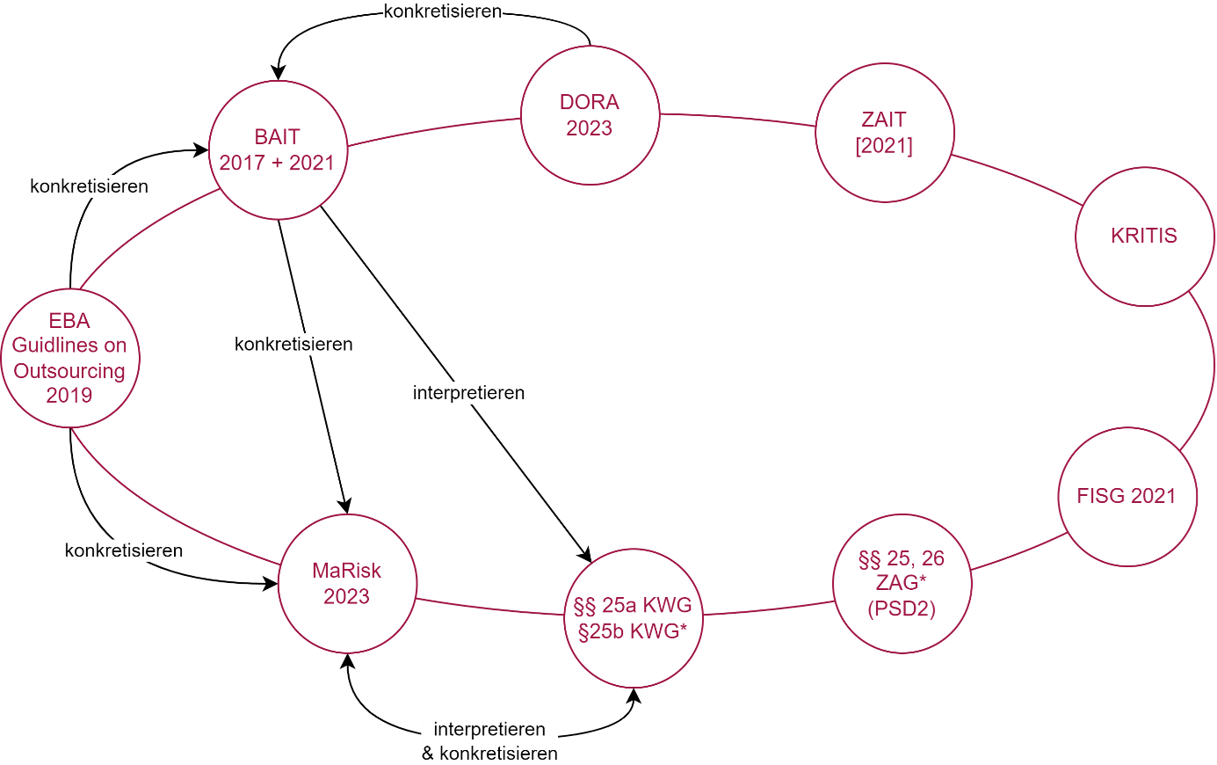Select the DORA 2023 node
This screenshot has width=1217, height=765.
point(590,115)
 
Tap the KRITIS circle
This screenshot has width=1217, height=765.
point(1144,236)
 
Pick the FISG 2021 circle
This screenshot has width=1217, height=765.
point(1126,496)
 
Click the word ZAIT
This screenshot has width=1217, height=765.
point(884,120)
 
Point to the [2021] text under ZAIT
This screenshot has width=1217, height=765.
point(884,146)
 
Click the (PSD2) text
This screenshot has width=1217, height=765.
point(902,608)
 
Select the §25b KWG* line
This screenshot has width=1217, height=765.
point(633,631)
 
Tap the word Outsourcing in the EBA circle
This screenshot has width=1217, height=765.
point(69,371)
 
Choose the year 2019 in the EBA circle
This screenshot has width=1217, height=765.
point(69,396)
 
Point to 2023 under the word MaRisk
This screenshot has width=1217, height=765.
point(347,597)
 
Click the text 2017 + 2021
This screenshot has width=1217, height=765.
point(278,163)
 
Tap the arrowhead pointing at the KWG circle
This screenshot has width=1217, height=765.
point(584,555)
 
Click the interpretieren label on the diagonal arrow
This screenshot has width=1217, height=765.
point(468,393)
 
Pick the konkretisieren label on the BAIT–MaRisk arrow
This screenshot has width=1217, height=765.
point(293,345)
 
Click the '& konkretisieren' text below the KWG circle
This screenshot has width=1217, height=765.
point(489,754)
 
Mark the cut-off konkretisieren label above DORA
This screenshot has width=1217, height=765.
point(443,12)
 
